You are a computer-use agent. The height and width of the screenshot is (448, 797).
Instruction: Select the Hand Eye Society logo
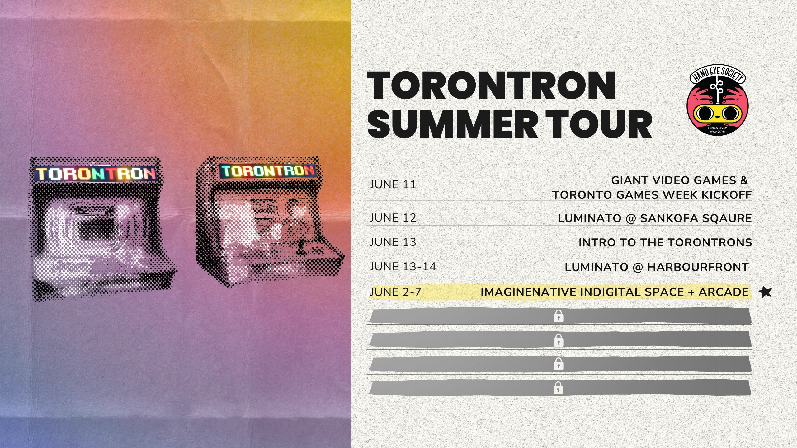[x=718, y=100]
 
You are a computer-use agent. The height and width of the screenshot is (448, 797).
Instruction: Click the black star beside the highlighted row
[x=765, y=292]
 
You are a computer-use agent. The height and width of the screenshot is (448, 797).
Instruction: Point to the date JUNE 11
[x=393, y=184]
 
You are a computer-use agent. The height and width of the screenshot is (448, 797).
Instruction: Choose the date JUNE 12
[x=393, y=218]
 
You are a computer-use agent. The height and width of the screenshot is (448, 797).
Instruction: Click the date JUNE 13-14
[x=403, y=267]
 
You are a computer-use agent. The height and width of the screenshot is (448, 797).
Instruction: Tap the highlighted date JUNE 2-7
[x=395, y=292]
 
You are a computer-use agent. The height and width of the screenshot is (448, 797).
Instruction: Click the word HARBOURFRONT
[x=698, y=267]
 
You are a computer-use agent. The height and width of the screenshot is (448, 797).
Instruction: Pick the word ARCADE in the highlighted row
[x=724, y=292]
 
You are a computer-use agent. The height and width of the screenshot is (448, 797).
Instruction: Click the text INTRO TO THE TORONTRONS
[x=665, y=243]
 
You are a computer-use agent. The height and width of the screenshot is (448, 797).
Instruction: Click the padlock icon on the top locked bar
[x=559, y=316]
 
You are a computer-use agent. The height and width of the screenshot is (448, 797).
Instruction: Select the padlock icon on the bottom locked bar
[x=558, y=388]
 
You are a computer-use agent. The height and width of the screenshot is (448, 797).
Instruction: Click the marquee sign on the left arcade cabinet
[x=96, y=174]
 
